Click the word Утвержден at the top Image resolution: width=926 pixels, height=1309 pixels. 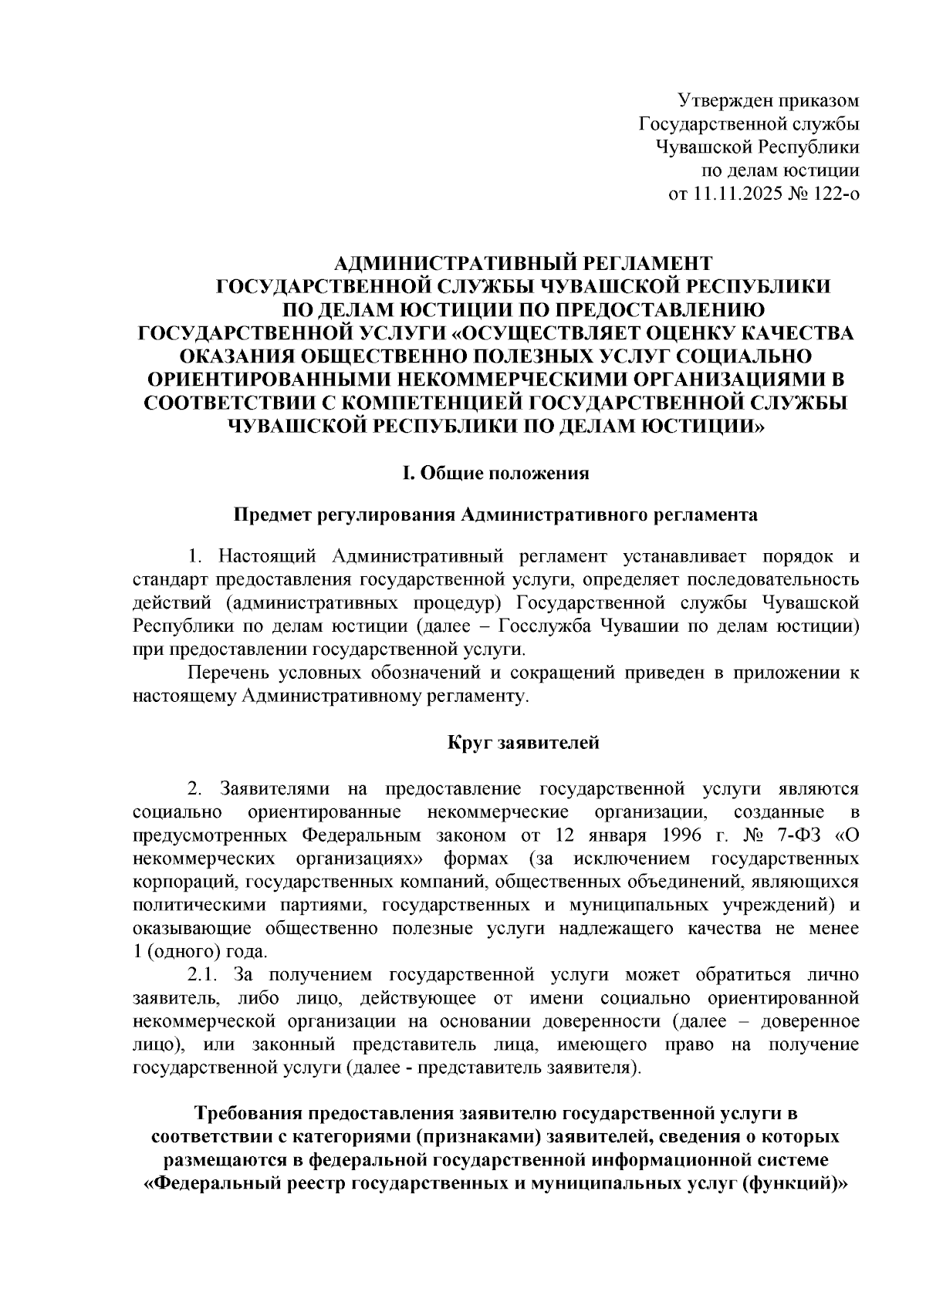click(715, 100)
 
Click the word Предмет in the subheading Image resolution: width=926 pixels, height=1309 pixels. click(273, 515)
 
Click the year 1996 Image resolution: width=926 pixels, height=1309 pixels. click(682, 835)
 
